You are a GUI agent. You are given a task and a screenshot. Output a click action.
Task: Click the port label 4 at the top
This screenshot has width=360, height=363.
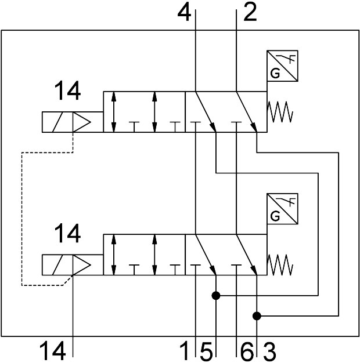click(x=185, y=12)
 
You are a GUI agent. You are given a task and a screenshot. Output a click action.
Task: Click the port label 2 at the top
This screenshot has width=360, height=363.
click(x=250, y=12)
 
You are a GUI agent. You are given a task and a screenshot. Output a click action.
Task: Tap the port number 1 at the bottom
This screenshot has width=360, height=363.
click(x=185, y=350)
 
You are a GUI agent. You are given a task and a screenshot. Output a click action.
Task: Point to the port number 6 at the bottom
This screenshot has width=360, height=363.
click(x=247, y=350)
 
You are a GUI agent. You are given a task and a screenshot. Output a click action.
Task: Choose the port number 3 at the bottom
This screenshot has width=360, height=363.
click(x=269, y=350)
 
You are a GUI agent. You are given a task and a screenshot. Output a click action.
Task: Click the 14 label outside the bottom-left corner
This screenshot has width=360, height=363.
click(x=52, y=350)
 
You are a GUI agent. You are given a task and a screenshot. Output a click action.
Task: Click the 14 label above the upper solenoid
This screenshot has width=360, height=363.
click(x=68, y=92)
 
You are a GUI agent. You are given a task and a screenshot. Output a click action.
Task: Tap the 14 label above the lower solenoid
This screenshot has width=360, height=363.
click(x=68, y=235)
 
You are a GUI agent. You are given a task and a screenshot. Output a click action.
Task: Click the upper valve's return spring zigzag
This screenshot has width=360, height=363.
click(x=280, y=112)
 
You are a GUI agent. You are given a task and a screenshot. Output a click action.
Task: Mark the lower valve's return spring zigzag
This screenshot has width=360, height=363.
click(x=280, y=264)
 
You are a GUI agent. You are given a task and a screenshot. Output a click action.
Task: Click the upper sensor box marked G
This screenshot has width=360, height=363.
click(x=282, y=66)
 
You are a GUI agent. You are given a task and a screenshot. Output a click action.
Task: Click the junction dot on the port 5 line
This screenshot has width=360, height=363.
click(x=215, y=296)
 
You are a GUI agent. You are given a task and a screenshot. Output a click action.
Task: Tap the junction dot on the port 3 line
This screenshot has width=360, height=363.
click(x=257, y=315)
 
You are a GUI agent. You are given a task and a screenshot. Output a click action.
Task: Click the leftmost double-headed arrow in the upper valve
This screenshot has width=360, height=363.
click(x=114, y=111)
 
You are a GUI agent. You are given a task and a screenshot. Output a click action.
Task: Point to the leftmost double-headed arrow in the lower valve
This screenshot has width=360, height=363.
click(x=114, y=255)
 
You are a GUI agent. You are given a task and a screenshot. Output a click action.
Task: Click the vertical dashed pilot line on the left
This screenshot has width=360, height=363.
click(x=21, y=219)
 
